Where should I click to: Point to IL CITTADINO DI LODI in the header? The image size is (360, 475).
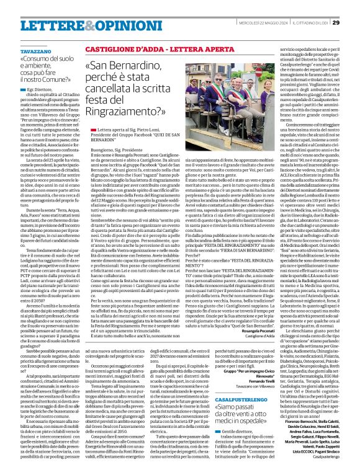tap(305, 6)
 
